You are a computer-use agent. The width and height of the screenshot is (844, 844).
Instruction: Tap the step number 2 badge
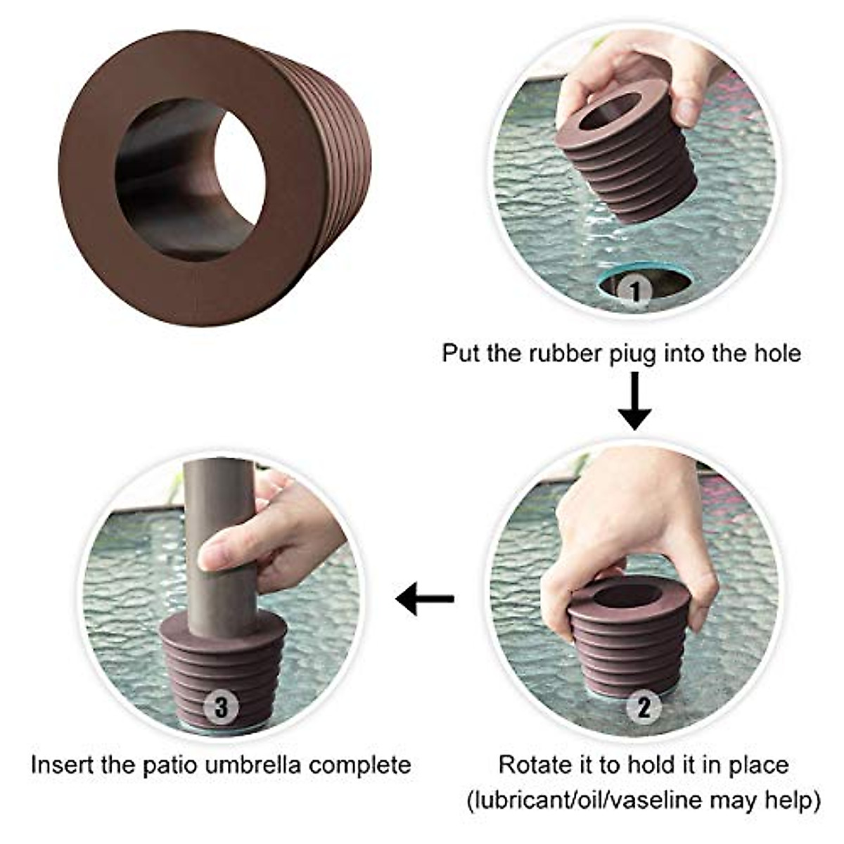pos(643,707)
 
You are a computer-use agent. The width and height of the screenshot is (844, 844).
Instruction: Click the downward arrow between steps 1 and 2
pos(634,401)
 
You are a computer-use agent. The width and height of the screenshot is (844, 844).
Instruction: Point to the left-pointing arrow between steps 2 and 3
pos(425,599)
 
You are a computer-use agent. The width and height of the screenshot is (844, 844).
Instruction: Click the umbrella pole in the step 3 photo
pos(220,542)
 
